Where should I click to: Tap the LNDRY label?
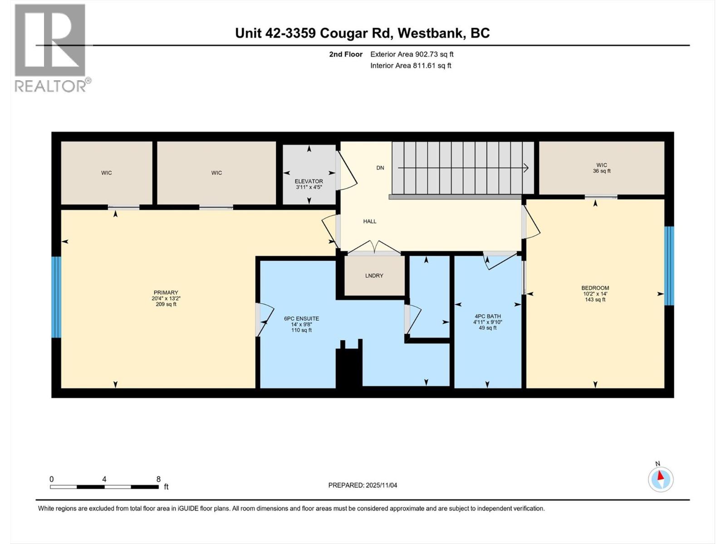(x=374, y=276)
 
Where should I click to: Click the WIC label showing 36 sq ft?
(x=602, y=168)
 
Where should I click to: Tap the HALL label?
(x=370, y=221)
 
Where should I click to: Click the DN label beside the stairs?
(x=380, y=168)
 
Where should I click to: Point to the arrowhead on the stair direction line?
(x=526, y=168)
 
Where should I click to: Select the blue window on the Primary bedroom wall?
(x=56, y=297)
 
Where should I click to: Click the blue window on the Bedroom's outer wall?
(x=669, y=266)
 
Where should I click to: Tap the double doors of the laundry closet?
(x=374, y=248)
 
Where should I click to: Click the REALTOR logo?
(x=52, y=48)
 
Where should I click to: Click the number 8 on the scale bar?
(x=158, y=479)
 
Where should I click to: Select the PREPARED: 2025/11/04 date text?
(x=363, y=485)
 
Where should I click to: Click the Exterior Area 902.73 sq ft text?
(x=412, y=54)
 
